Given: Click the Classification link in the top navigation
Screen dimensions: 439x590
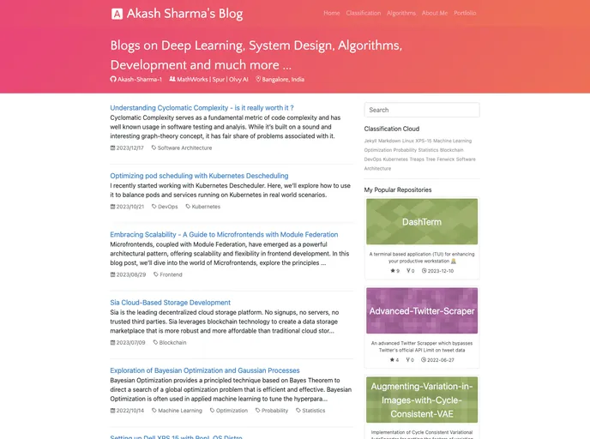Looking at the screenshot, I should pos(363,13).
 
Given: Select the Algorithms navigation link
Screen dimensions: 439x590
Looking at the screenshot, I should pos(401,13).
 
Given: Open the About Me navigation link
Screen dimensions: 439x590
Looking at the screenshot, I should pos(435,13).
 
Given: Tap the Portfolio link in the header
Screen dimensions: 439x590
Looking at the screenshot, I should pos(465,13).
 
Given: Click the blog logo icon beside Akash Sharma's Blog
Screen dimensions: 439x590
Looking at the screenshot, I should pos(117,14).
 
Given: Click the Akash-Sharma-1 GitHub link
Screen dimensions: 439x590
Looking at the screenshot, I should pos(136,79).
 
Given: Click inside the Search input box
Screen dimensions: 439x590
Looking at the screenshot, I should pos(421,110).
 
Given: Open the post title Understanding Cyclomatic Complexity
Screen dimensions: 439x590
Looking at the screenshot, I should pos(199,108).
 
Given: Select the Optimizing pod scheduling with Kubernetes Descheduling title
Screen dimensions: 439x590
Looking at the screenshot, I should pos(199,176).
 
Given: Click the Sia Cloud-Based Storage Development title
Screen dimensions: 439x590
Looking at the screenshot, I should pos(170,303).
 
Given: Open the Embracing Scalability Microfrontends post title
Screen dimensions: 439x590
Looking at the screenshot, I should pos(224,234).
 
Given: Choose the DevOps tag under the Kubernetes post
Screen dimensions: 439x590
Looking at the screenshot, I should pos(167,207).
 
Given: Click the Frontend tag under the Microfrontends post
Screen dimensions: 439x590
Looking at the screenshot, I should pos(170,274).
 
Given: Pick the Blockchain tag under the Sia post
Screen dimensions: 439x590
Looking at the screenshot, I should pos(172,342).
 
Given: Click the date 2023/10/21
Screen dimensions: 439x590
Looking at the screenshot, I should pos(128,207).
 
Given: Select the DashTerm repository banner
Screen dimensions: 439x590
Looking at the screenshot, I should pos(421,221).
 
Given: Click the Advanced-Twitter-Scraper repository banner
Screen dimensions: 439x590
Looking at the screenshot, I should pos(421,310).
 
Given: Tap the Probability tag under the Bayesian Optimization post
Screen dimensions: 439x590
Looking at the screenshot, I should pos(274,411).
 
